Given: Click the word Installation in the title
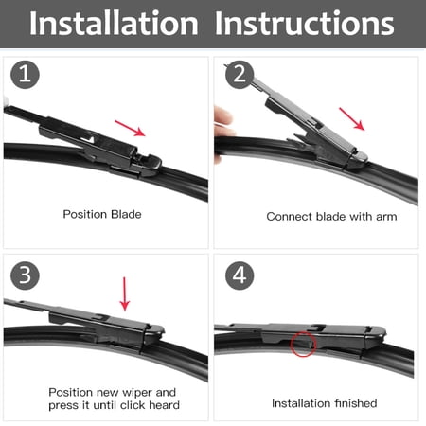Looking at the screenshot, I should (x=113, y=23).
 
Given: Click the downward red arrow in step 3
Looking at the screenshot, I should (x=124, y=293).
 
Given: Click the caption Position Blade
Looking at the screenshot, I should (x=101, y=215).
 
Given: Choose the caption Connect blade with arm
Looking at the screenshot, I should (x=331, y=217).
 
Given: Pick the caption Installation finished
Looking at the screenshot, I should (x=324, y=403).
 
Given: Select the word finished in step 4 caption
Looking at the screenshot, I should (x=356, y=403).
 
